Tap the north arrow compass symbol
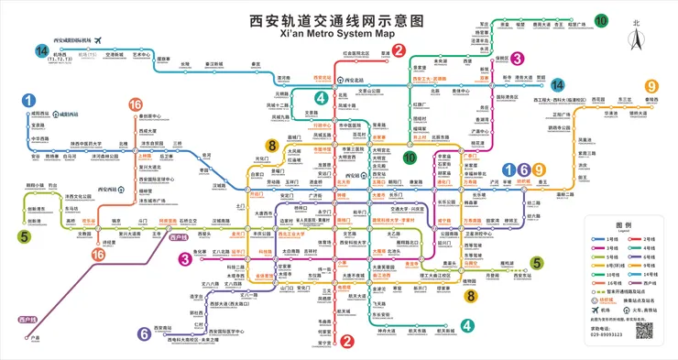[x=635, y=37]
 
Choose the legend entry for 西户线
[x=606, y=297]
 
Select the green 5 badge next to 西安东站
[x=537, y=264]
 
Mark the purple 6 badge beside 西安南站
[x=144, y=333]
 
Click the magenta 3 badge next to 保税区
[x=517, y=58]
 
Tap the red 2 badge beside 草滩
[x=399, y=50]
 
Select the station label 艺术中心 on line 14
[x=141, y=54]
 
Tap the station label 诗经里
[x=108, y=242]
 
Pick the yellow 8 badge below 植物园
[x=470, y=295]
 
